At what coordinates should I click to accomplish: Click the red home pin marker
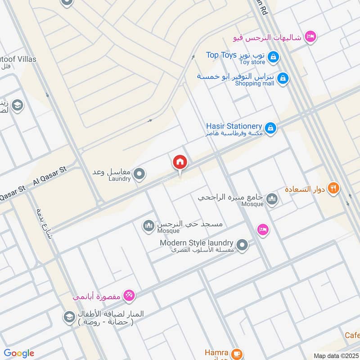(180, 162)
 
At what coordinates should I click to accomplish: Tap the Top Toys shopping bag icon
(273, 57)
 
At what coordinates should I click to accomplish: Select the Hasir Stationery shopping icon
(270, 128)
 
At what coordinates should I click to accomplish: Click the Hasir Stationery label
(234, 126)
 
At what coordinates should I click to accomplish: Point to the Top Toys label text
(221, 55)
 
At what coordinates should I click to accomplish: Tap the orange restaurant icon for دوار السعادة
(333, 188)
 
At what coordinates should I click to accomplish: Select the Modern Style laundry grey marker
(242, 245)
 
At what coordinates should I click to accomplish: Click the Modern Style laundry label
(197, 243)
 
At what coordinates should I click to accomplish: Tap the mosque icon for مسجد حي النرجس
(148, 226)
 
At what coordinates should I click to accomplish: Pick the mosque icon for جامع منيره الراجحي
(272, 198)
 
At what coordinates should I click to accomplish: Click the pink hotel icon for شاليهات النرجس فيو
(310, 36)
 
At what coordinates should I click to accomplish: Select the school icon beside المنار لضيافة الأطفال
(69, 316)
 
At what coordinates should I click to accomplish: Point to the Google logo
(19, 353)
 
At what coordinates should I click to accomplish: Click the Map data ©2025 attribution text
(335, 355)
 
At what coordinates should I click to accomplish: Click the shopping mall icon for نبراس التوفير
(282, 78)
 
